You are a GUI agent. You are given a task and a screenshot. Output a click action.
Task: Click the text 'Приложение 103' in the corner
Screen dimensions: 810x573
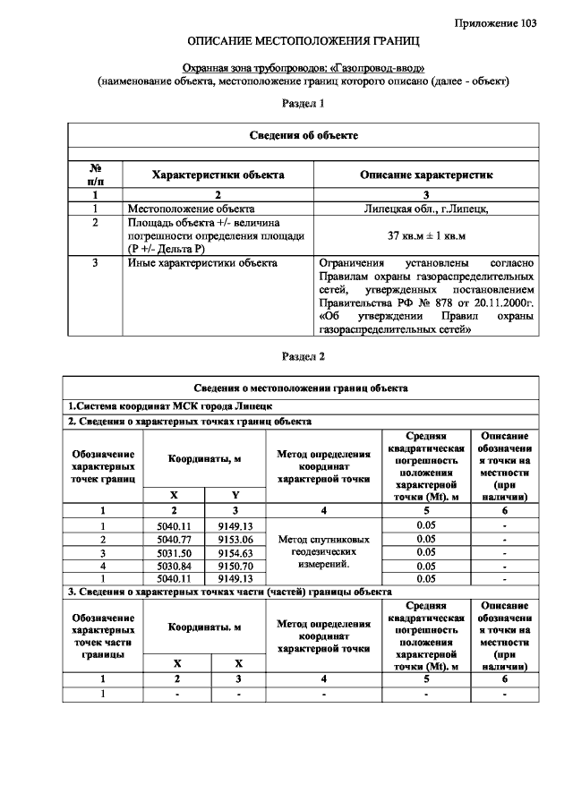[496, 22]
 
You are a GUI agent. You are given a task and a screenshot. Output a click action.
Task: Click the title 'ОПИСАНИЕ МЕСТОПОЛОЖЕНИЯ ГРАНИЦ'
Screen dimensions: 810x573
[303, 42]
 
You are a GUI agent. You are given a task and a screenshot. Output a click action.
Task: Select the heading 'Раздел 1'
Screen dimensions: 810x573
[303, 104]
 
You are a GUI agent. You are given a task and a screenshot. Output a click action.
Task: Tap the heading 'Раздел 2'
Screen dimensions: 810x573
[303, 356]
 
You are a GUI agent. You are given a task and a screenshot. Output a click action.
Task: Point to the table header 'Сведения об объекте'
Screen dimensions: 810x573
[303, 135]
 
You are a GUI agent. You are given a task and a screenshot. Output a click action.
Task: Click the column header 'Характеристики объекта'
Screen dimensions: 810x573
[218, 175]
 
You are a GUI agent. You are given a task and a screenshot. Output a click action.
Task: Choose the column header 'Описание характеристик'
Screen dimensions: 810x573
[425, 175]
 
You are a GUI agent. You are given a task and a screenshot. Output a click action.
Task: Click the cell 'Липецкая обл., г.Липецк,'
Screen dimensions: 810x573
[425, 208]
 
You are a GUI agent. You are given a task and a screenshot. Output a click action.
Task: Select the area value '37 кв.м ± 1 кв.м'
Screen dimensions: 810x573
[425, 234]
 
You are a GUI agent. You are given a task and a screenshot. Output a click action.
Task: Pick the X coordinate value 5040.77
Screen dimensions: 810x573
[175, 540]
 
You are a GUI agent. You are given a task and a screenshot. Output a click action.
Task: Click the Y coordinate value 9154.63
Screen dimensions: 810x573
[236, 553]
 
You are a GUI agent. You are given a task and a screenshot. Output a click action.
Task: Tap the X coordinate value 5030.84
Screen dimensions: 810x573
[175, 567]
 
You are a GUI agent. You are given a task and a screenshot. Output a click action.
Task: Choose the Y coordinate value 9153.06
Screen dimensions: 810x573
[236, 540]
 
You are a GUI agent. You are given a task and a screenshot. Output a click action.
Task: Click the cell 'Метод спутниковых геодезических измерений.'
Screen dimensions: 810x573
[324, 552]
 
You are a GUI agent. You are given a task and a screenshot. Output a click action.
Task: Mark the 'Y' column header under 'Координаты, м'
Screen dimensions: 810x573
[236, 495]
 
